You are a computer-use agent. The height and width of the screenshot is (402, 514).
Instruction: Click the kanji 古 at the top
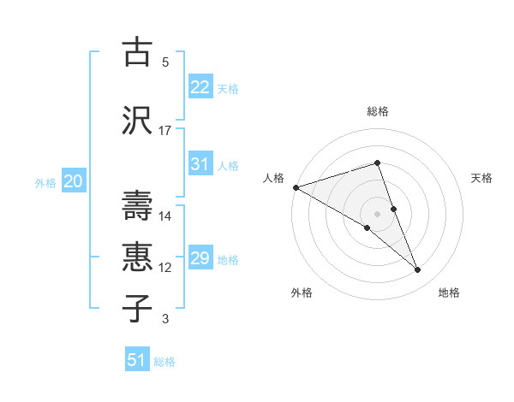pyautogui.click(x=137, y=52)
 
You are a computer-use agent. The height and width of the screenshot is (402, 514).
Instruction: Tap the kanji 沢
pyautogui.click(x=137, y=121)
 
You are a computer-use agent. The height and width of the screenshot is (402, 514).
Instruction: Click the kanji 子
pyautogui.click(x=137, y=308)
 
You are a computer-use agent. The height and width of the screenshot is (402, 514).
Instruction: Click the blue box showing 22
pyautogui.click(x=200, y=87)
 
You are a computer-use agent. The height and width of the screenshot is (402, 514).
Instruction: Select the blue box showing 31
pyautogui.click(x=200, y=164)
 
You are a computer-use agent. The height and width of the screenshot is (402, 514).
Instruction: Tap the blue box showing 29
pyautogui.click(x=200, y=258)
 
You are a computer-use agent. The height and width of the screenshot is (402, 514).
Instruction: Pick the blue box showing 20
pyautogui.click(x=74, y=181)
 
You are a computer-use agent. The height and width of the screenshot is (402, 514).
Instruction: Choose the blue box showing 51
pyautogui.click(x=137, y=360)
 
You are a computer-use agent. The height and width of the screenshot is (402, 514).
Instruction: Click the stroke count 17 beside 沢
pyautogui.click(x=165, y=131)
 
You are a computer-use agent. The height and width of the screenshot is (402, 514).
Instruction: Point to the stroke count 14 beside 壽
pyautogui.click(x=165, y=216)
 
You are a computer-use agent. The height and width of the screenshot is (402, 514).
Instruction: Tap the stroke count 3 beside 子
pyautogui.click(x=165, y=319)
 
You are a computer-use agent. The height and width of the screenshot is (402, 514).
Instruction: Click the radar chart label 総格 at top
pyautogui.click(x=378, y=111)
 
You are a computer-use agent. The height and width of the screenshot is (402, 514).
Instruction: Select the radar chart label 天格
pyautogui.click(x=481, y=178)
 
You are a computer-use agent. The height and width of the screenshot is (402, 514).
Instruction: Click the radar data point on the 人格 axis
pyautogui.click(x=296, y=186)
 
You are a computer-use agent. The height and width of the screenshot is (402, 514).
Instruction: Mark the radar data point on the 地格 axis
pyautogui.click(x=418, y=270)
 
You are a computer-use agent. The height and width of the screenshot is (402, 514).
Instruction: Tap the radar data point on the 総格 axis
pyautogui.click(x=378, y=163)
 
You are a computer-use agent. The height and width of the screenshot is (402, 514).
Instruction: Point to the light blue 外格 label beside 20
pyautogui.click(x=45, y=182)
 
